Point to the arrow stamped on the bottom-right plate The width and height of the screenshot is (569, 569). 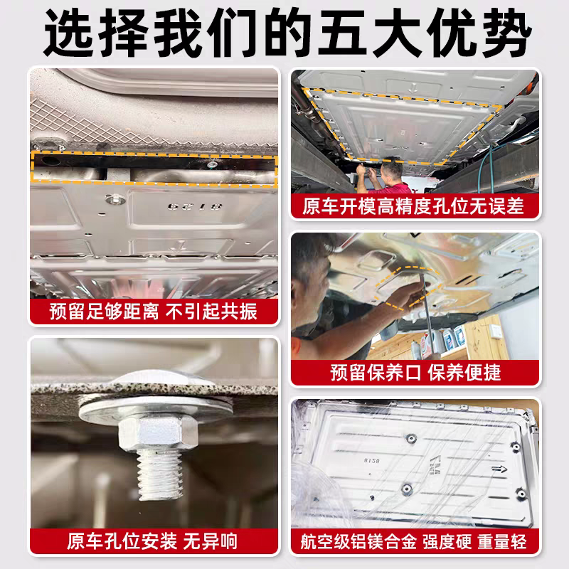point(499,470)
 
